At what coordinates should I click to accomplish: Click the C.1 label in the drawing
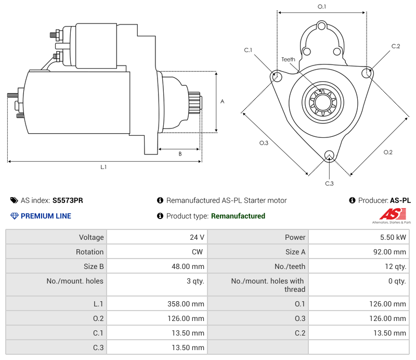pos(248,50)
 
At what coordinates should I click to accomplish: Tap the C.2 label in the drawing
pos(396,46)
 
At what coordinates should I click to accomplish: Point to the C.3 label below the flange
pos(329,183)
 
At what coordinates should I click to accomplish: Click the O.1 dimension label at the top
pos(322,7)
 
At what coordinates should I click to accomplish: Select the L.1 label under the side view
pos(103,167)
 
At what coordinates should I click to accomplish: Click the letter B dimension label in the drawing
pos(180,153)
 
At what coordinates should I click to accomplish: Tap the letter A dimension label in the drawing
pos(223,101)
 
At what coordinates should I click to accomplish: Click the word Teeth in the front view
pos(288,59)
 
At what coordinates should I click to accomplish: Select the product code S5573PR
pos(68,200)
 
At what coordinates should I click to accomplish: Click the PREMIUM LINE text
pos(46,216)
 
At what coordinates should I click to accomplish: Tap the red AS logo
pos(391,214)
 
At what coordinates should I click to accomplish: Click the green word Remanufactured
pos(238,216)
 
